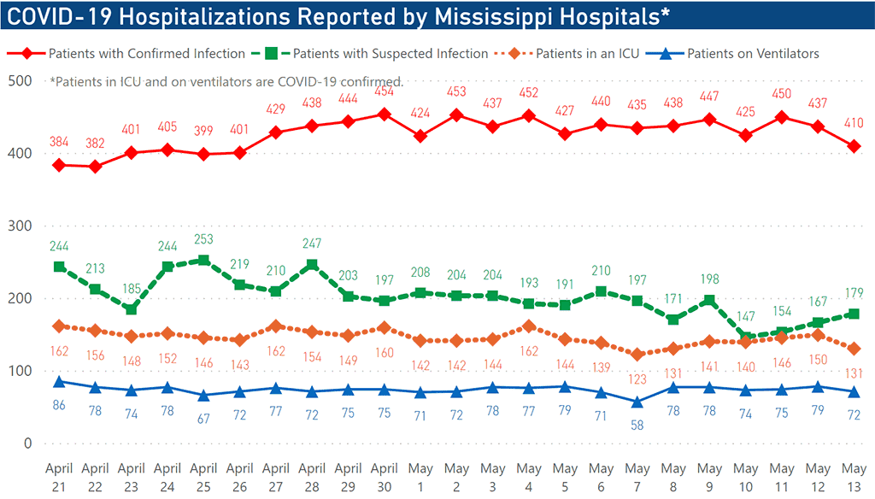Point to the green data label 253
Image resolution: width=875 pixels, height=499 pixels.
(x=203, y=239)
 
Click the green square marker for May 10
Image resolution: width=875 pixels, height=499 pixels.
(x=745, y=338)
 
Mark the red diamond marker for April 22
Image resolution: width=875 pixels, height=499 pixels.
(x=95, y=167)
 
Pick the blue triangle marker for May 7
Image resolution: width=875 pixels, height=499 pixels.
(x=637, y=401)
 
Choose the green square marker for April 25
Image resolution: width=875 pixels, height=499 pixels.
(x=203, y=261)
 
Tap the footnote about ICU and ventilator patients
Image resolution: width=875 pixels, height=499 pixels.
(x=226, y=82)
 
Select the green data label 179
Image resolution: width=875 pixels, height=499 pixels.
(x=853, y=293)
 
